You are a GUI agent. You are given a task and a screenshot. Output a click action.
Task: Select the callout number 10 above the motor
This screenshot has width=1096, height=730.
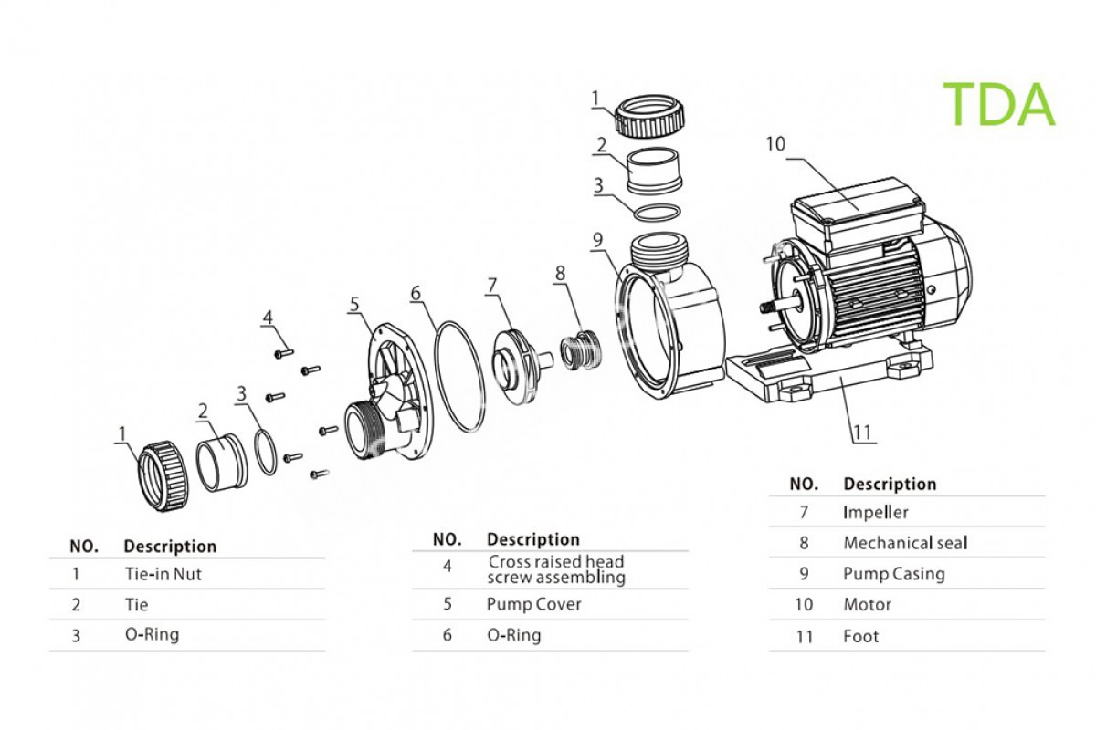pyautogui.click(x=775, y=144)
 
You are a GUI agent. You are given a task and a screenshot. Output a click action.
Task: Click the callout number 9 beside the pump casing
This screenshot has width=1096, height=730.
pyautogui.click(x=597, y=240)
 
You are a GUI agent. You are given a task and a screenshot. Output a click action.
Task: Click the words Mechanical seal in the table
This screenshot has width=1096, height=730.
pyautogui.click(x=904, y=543)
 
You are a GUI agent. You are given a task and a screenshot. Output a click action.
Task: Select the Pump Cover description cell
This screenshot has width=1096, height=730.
pyautogui.click(x=533, y=604)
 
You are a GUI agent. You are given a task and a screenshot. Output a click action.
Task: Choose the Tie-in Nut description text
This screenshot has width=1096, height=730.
pyautogui.click(x=163, y=574)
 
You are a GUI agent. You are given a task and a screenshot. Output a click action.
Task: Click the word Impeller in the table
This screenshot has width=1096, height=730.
pyautogui.click(x=875, y=512)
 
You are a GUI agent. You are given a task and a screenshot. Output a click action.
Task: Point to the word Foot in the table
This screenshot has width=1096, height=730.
pyautogui.click(x=860, y=636)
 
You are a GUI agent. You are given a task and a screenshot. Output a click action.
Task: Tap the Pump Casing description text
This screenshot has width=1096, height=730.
pyautogui.click(x=893, y=574)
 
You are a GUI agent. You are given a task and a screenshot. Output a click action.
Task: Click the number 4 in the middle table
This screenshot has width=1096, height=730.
pyautogui.click(x=448, y=567)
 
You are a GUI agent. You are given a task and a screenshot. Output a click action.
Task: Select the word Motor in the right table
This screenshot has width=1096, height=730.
pyautogui.click(x=867, y=604)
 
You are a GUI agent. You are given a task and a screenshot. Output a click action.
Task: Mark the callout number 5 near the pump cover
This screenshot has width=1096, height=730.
pyautogui.click(x=354, y=303)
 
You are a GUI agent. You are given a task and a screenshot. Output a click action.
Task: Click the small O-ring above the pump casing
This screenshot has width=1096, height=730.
pyautogui.click(x=656, y=212)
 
